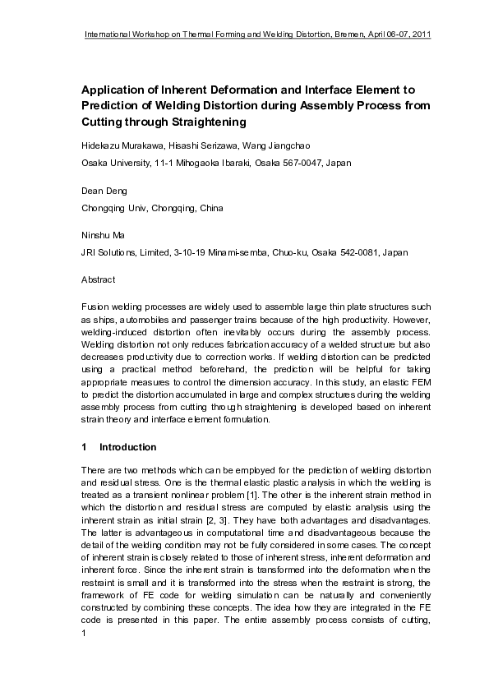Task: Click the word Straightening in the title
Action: click(205, 122)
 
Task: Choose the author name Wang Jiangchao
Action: click(279, 145)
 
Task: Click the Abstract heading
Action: click(99, 279)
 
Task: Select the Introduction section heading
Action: click(127, 447)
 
